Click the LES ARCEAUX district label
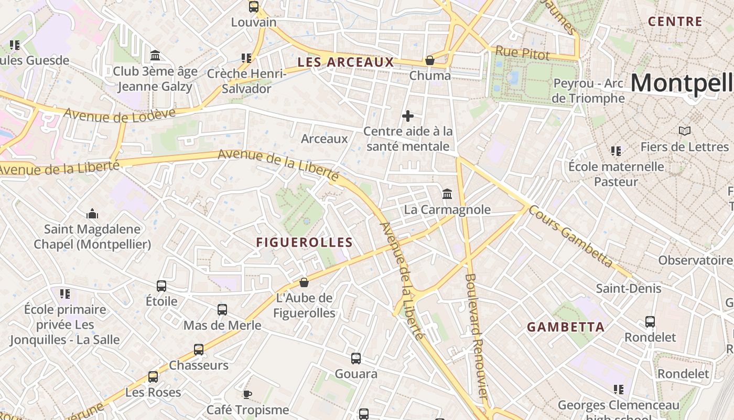click(x=346, y=62)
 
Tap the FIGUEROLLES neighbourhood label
click(x=304, y=242)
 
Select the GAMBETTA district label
click(x=566, y=327)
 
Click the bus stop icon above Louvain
click(x=254, y=7)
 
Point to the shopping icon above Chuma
click(x=430, y=60)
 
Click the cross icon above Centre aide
click(x=408, y=116)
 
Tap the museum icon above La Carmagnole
click(x=447, y=194)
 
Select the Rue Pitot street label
click(x=522, y=52)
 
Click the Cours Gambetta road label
click(x=570, y=236)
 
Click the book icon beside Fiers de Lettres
click(x=684, y=131)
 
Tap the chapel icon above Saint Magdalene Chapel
click(x=92, y=214)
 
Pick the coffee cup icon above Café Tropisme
click(x=247, y=394)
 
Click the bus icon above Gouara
click(x=356, y=359)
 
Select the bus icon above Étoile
click(x=161, y=286)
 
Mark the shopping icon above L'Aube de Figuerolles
click(x=304, y=283)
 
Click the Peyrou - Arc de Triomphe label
click(x=588, y=91)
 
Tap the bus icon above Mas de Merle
click(x=222, y=310)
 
